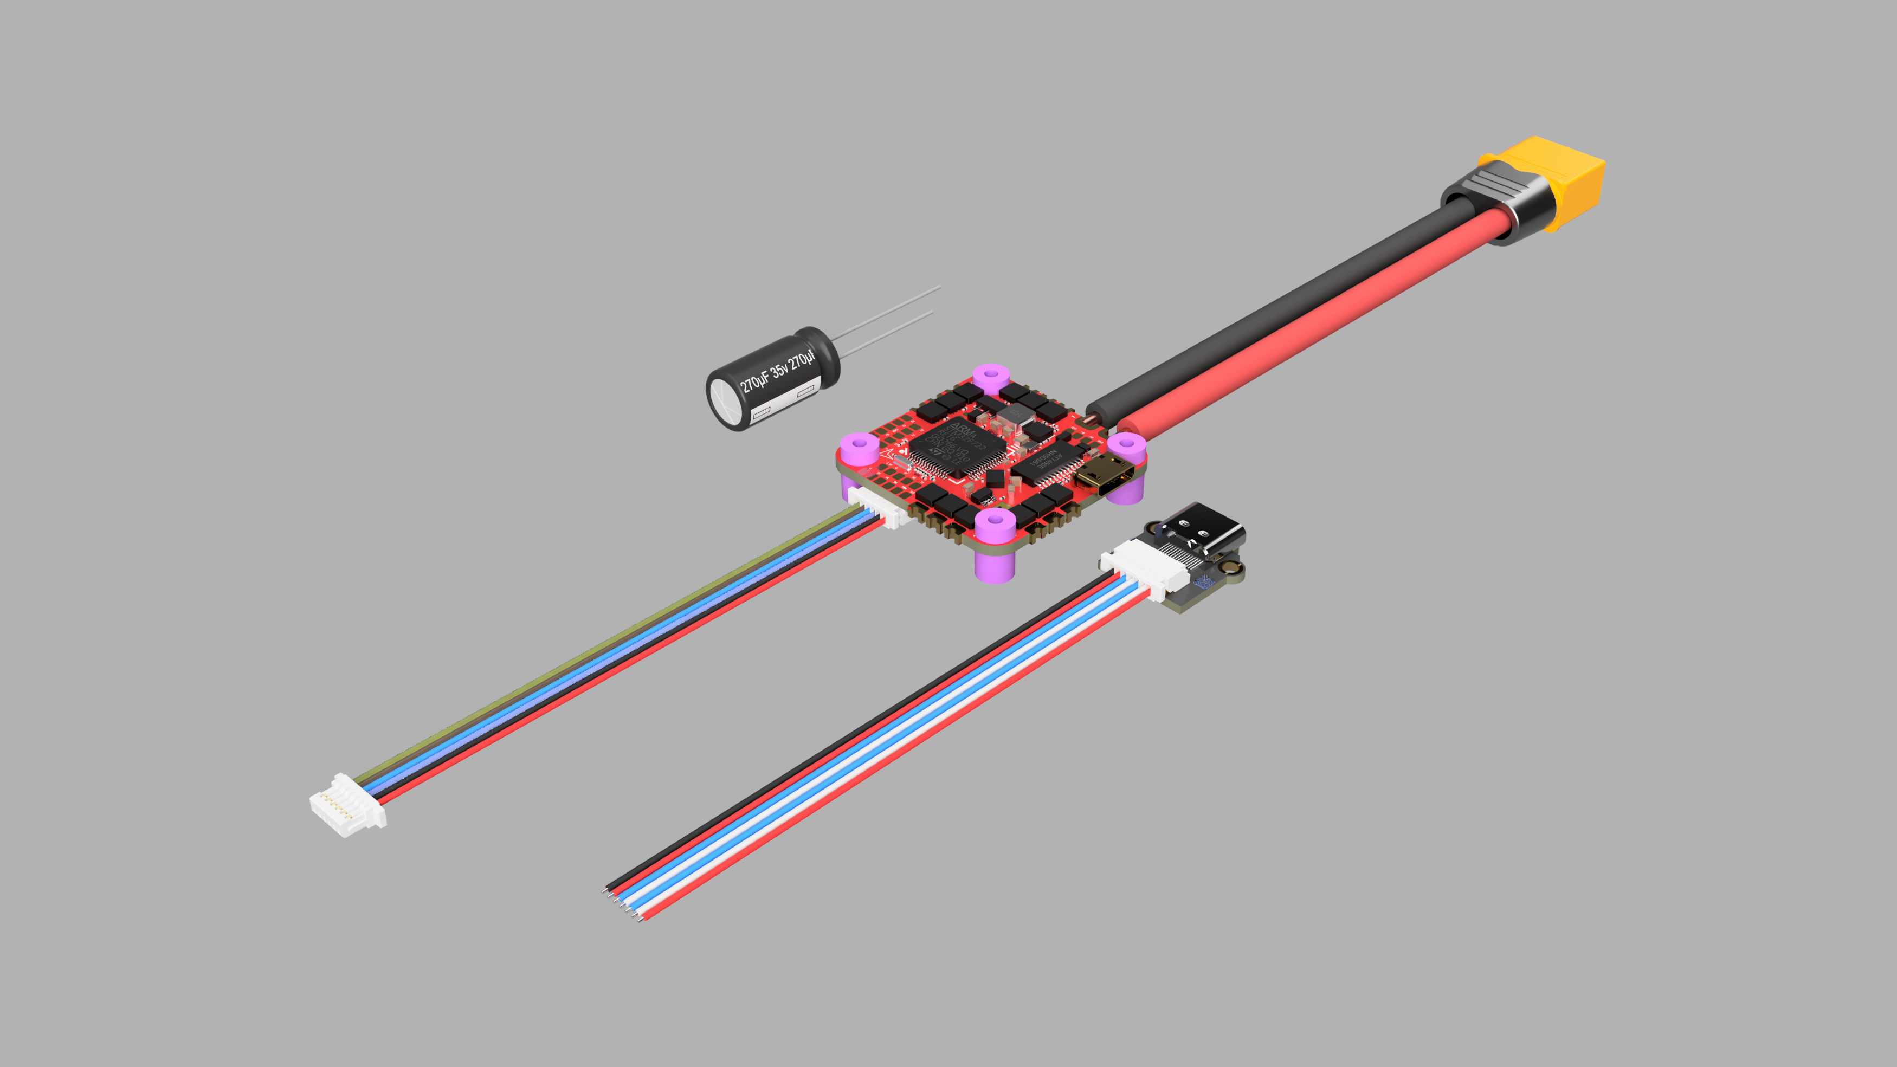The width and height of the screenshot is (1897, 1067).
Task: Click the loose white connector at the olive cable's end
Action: tap(346, 806)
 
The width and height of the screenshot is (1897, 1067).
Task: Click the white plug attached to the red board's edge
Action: tap(880, 507)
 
